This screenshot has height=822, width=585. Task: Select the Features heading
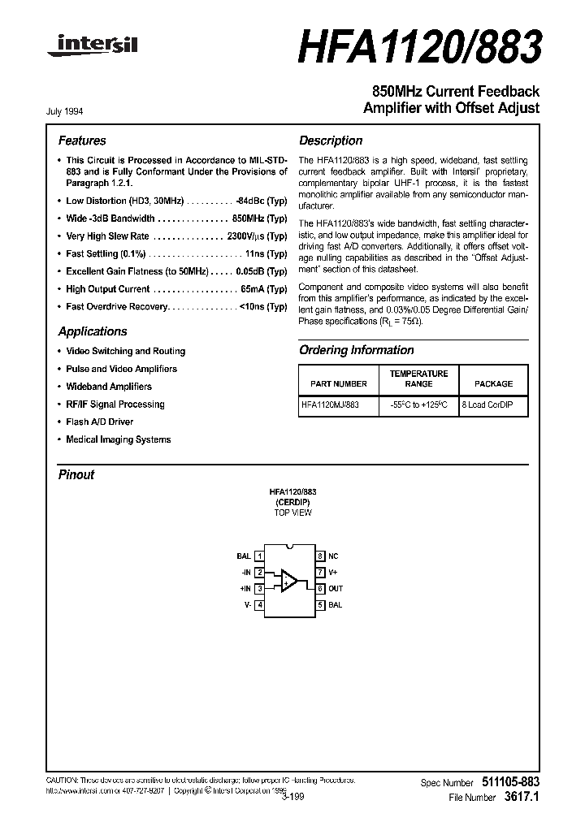coord(82,141)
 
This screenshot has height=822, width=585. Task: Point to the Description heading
coord(331,141)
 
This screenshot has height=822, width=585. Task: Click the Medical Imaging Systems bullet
coord(118,439)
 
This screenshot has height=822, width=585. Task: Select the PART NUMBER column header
coord(339,383)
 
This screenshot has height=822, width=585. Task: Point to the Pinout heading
coord(76,475)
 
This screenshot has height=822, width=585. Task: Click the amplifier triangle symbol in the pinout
coord(288,580)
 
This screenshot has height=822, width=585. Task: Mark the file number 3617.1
coord(521,798)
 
